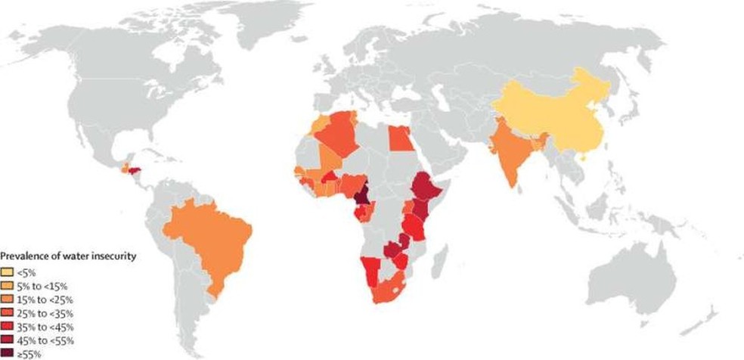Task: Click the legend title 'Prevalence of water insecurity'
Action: pyautogui.click(x=68, y=256)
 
